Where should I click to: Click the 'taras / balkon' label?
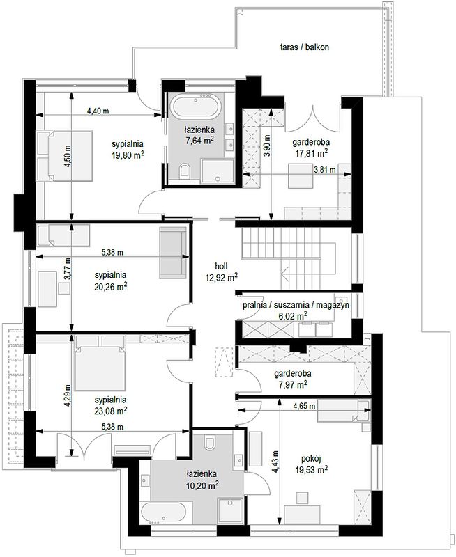pyautogui.click(x=304, y=47)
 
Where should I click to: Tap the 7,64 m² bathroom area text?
pyautogui.click(x=199, y=141)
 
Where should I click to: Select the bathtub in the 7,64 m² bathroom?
pyautogui.click(x=195, y=106)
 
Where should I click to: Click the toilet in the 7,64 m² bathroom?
pyautogui.click(x=184, y=171)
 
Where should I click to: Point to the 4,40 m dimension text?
pyautogui.click(x=98, y=111)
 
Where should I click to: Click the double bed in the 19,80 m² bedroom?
pyautogui.click(x=65, y=156)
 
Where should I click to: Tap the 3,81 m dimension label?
pyautogui.click(x=325, y=170)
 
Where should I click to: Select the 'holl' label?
pyautogui.click(x=221, y=266)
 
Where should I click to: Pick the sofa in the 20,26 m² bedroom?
pyautogui.click(x=173, y=253)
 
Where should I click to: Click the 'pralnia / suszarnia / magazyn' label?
pyautogui.click(x=296, y=305)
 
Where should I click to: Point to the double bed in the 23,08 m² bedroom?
pyautogui.click(x=100, y=363)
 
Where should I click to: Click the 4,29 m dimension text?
pyautogui.click(x=68, y=395)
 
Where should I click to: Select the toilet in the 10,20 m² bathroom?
pyautogui.click(x=209, y=441)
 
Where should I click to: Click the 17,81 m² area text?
pyautogui.click(x=311, y=153)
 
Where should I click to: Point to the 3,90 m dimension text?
pyautogui.click(x=268, y=146)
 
